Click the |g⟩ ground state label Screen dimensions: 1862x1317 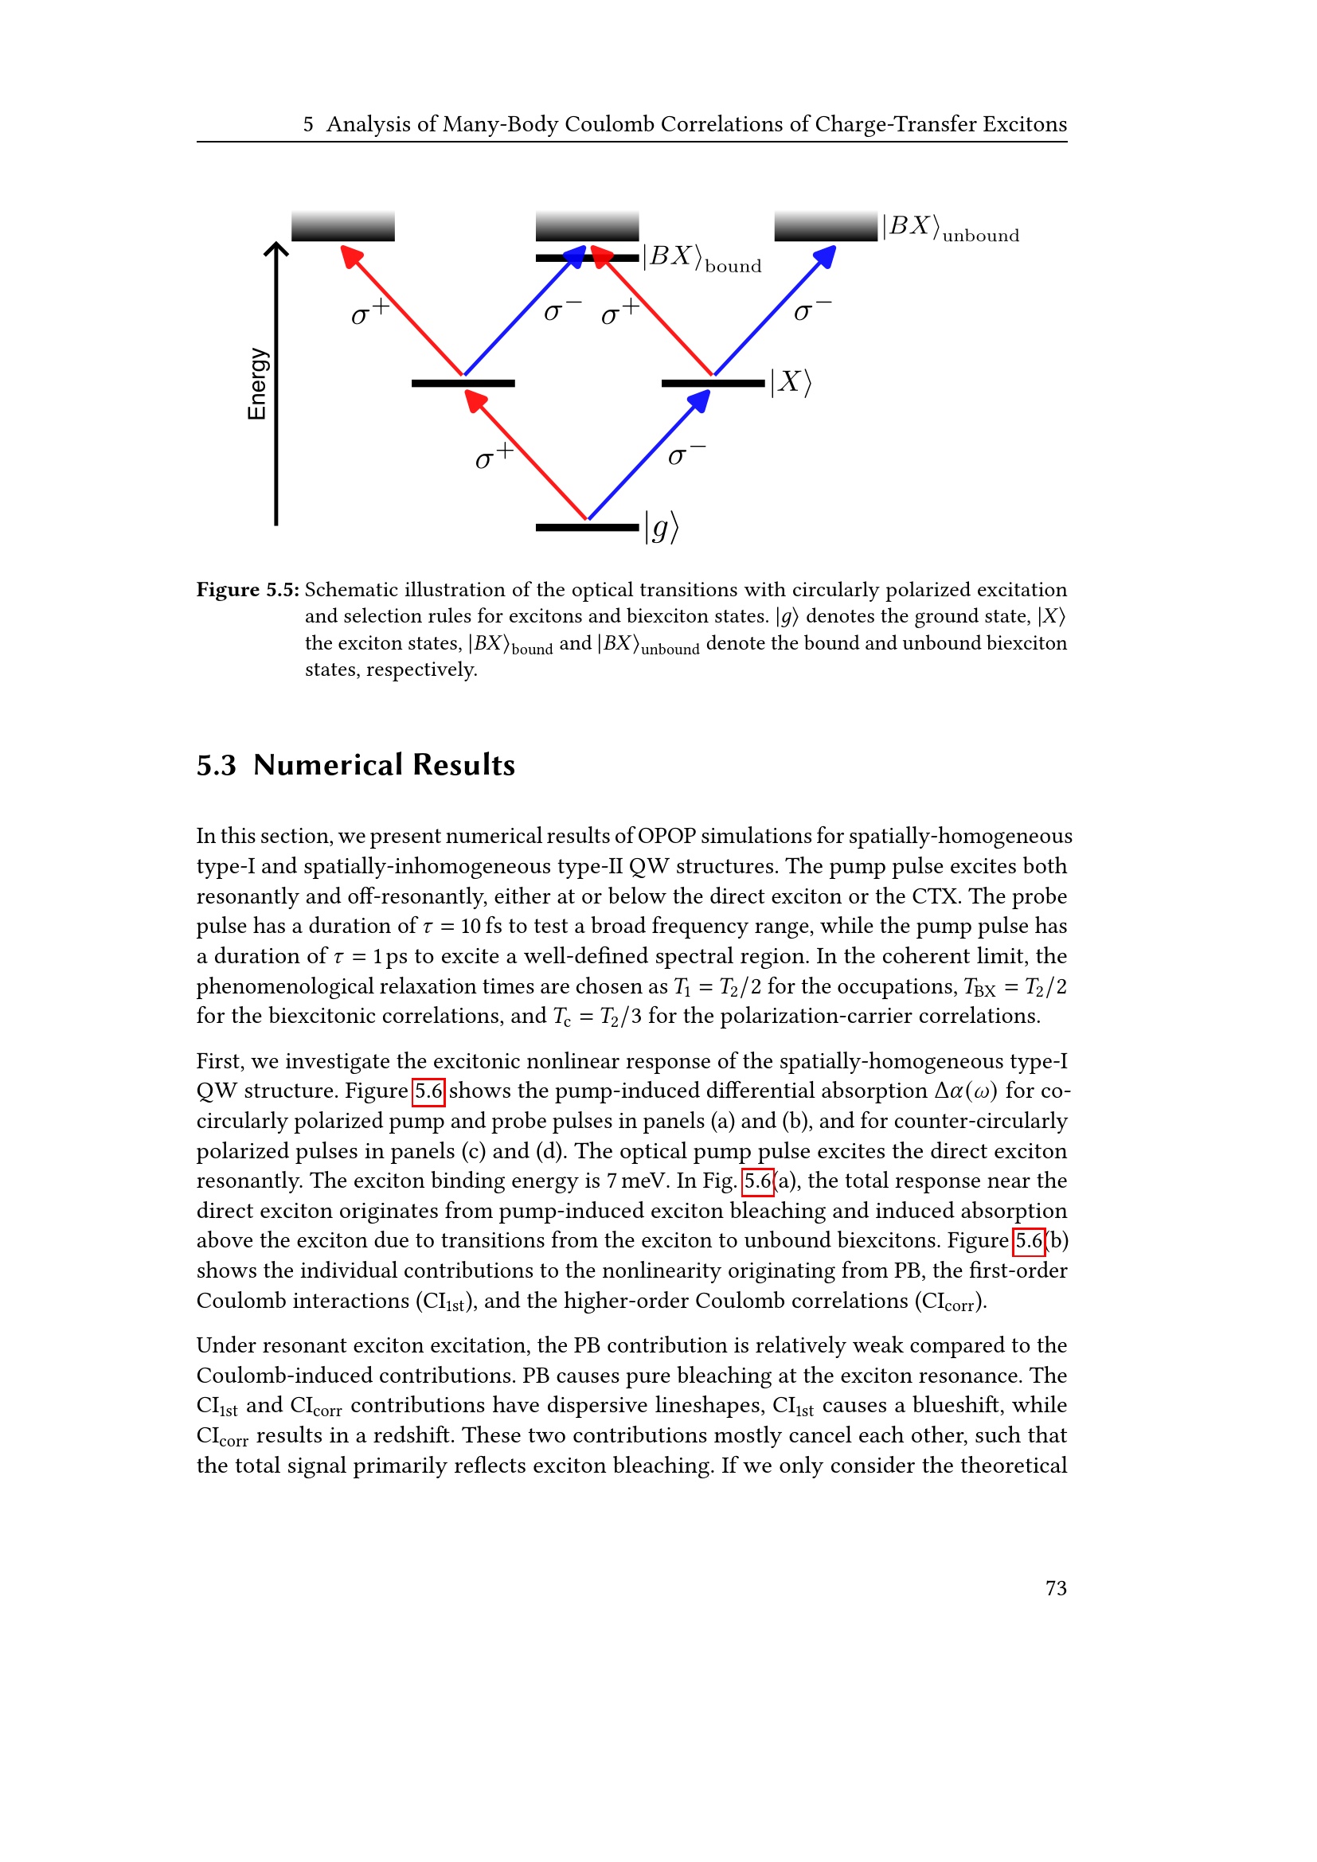click(x=662, y=528)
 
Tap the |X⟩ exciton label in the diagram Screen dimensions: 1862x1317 click(x=791, y=382)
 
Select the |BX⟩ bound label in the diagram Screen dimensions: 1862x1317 click(x=702, y=258)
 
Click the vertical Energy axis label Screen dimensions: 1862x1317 click(x=256, y=384)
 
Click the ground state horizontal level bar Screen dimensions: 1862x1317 click(x=587, y=528)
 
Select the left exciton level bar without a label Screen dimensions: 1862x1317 click(x=463, y=384)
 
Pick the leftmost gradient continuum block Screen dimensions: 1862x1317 click(x=343, y=226)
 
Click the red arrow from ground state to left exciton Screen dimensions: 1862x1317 click(x=527, y=454)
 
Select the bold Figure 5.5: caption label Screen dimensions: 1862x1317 click(x=248, y=590)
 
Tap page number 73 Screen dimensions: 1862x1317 click(x=1056, y=1588)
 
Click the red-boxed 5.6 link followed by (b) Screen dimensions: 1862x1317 click(x=1029, y=1241)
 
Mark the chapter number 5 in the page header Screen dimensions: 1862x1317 click(x=308, y=124)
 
